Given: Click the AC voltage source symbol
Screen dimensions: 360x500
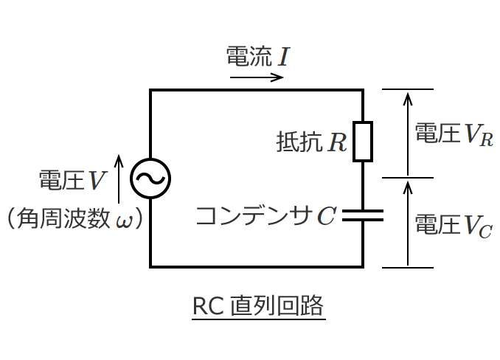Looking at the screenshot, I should click(x=150, y=178).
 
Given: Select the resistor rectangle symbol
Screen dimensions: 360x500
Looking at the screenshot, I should click(x=363, y=141).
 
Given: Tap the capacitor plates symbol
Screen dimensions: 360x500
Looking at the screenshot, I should click(x=363, y=215).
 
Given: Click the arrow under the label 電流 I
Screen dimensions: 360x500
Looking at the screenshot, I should click(x=257, y=77).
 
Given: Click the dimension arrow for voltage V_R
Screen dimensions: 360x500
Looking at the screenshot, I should click(x=407, y=134).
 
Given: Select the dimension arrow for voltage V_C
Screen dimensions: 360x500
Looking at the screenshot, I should click(x=407, y=222).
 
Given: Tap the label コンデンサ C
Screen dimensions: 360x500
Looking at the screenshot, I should click(x=265, y=215).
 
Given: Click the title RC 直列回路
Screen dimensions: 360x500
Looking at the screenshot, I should click(x=257, y=305).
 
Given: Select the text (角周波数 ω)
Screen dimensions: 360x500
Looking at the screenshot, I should click(x=73, y=219).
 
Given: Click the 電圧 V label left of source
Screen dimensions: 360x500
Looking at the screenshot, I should click(x=72, y=179).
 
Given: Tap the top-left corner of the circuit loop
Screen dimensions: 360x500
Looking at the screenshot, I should click(x=150, y=90).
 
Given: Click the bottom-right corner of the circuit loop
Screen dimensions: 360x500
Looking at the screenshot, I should click(x=363, y=266).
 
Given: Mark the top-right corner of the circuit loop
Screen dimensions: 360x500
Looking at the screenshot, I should click(x=363, y=90).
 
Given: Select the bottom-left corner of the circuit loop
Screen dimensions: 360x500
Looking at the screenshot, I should click(x=150, y=266).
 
